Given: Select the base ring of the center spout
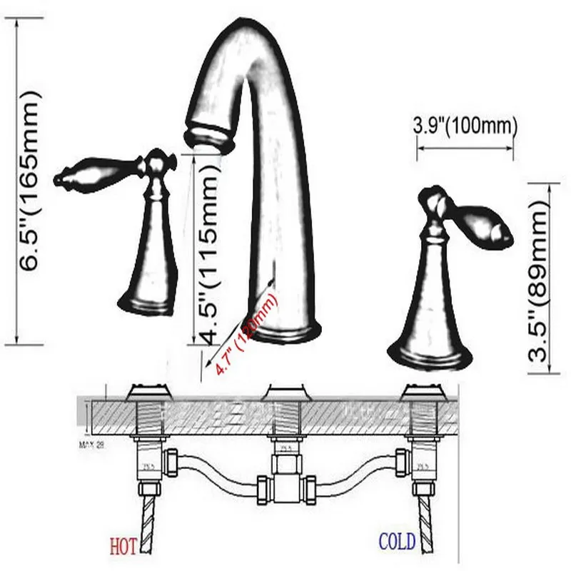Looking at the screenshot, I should pos(284,333).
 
